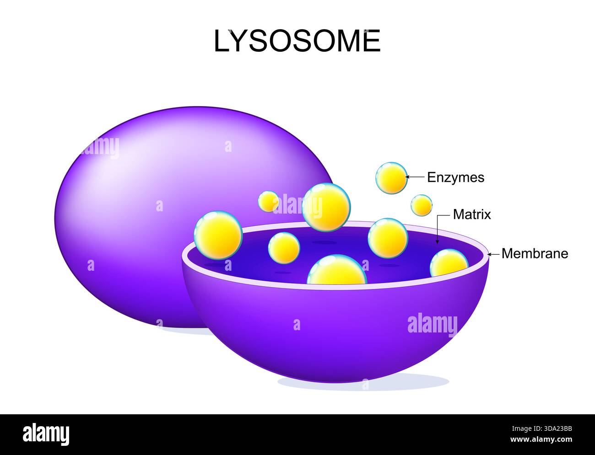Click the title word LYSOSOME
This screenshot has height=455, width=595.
pyautogui.click(x=297, y=41)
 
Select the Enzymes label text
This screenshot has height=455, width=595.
pyautogui.click(x=455, y=177)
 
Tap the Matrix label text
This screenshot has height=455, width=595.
pyautogui.click(x=471, y=214)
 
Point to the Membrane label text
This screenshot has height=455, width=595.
pyautogui.click(x=535, y=253)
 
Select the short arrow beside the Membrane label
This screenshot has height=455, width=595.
pyautogui.click(x=493, y=254)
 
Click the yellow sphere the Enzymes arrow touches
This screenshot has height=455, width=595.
pyautogui.click(x=391, y=178)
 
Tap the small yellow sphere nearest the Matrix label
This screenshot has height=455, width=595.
pyautogui.click(x=421, y=205)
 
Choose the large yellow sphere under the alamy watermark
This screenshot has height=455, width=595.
pyautogui.click(x=326, y=208)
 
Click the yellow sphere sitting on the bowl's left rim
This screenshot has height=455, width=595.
pyautogui.click(x=218, y=235)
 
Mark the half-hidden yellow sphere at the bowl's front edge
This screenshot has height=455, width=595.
pyautogui.click(x=337, y=271)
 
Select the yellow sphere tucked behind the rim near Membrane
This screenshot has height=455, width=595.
pyautogui.click(x=449, y=263)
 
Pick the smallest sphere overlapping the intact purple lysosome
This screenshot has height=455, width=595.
pyautogui.click(x=268, y=201)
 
